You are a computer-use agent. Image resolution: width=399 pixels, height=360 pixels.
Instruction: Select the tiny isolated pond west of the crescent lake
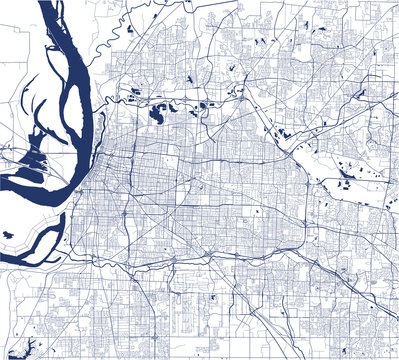tap(9, 236)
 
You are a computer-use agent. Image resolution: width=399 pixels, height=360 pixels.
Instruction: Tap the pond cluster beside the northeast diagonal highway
tap(284, 131)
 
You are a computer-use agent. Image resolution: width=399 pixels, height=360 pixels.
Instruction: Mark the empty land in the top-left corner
tap(15, 40)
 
